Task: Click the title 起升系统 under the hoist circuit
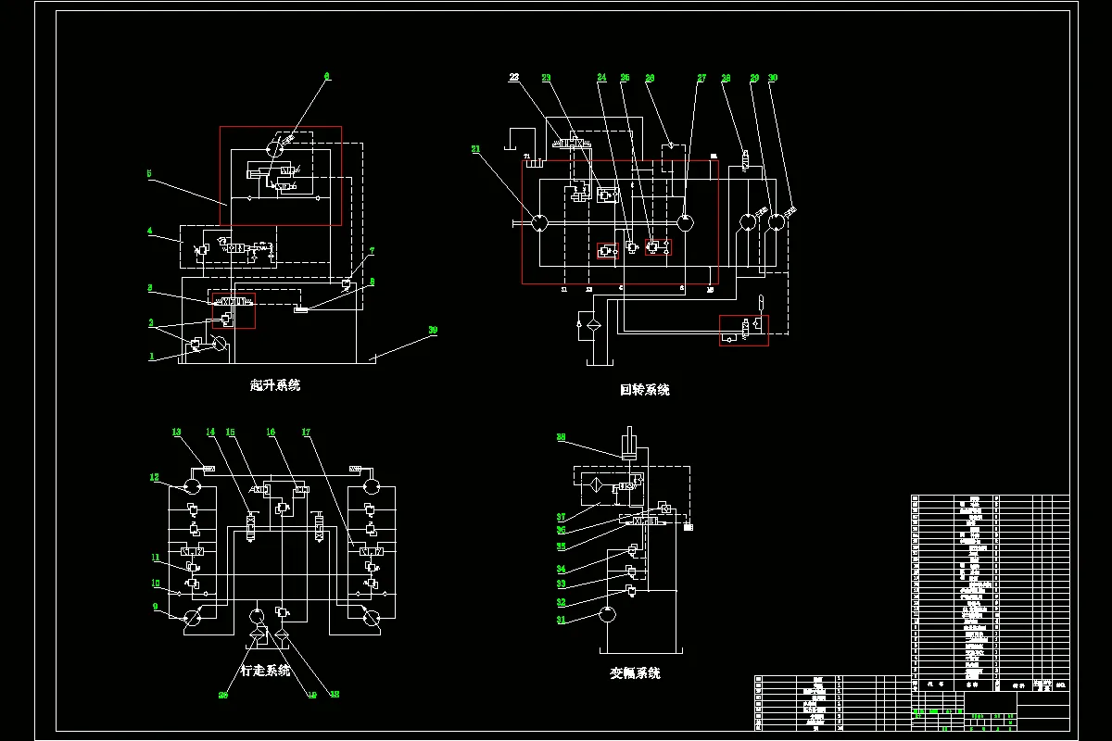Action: pyautogui.click(x=275, y=385)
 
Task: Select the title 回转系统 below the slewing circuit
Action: pyautogui.click(x=645, y=390)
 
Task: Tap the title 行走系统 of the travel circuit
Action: pyautogui.click(x=265, y=670)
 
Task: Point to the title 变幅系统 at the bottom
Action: pyautogui.click(x=635, y=673)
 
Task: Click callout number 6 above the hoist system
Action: pyautogui.click(x=327, y=76)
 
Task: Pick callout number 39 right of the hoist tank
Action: pyautogui.click(x=433, y=330)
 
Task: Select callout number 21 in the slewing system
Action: pyautogui.click(x=476, y=148)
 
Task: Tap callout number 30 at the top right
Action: pyautogui.click(x=773, y=79)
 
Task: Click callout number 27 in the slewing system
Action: pyautogui.click(x=701, y=79)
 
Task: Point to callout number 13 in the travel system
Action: pyautogui.click(x=175, y=431)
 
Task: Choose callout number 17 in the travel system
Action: pyautogui.click(x=306, y=432)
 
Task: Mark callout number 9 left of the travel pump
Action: pyautogui.click(x=155, y=609)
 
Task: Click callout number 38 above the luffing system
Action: pyautogui.click(x=561, y=436)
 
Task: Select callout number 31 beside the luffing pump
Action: pyautogui.click(x=560, y=621)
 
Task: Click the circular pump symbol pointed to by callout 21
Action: pyautogui.click(x=538, y=222)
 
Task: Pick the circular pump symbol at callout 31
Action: pyautogui.click(x=607, y=613)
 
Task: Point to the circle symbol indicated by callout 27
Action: pyautogui.click(x=685, y=222)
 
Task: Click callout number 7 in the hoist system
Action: pyautogui.click(x=372, y=251)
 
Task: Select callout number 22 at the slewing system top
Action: pyautogui.click(x=513, y=79)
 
